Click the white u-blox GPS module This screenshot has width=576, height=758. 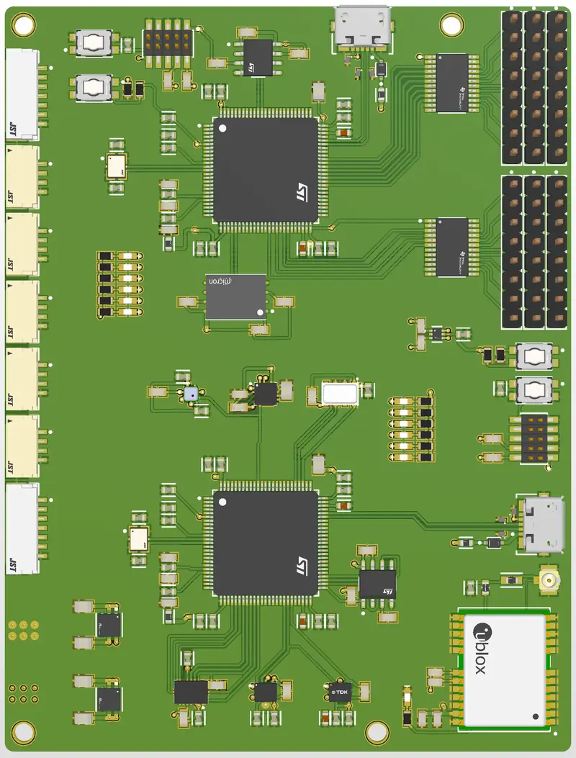(x=504, y=669)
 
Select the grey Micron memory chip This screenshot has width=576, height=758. (x=235, y=297)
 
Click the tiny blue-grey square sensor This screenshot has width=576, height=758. (x=191, y=394)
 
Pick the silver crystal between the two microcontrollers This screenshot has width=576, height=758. (x=340, y=393)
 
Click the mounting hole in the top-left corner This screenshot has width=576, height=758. (x=23, y=25)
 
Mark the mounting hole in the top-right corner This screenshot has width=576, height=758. (x=451, y=24)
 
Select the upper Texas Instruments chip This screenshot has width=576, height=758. (x=453, y=82)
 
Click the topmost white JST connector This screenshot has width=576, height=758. (x=23, y=94)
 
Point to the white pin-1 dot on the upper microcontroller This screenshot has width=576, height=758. (x=222, y=128)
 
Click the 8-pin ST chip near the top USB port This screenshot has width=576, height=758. (x=258, y=58)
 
